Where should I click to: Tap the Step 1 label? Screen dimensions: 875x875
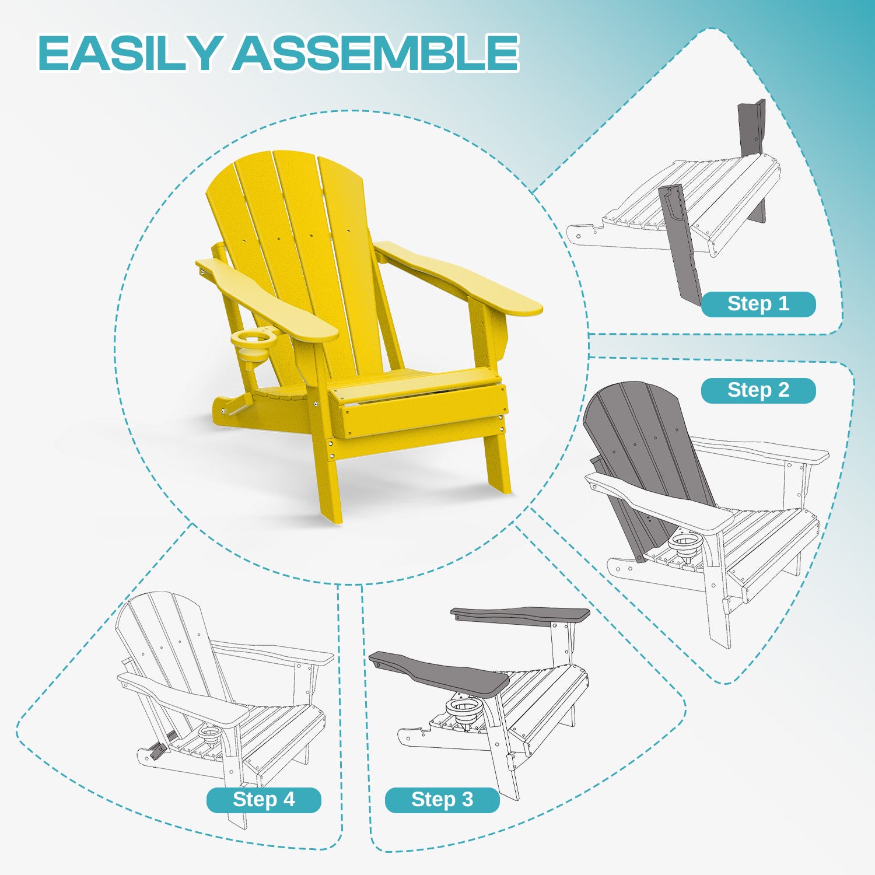click(x=758, y=304)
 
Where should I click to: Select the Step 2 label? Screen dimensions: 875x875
click(x=758, y=390)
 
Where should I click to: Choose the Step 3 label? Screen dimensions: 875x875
click(x=442, y=800)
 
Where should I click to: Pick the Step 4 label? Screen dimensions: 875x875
click(x=264, y=800)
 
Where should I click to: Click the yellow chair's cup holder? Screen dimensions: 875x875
click(x=253, y=347)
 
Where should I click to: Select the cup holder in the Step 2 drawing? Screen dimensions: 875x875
click(x=685, y=542)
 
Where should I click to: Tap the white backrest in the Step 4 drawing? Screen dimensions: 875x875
click(x=169, y=647)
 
